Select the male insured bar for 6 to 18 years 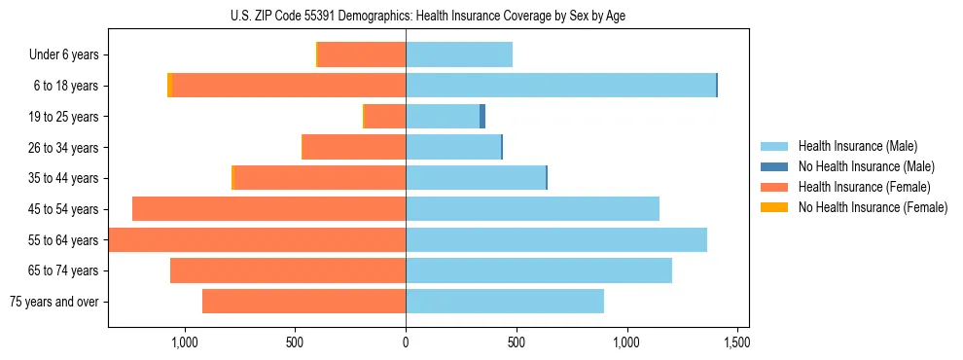[560, 86]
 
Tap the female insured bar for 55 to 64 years [258, 240]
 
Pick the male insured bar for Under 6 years [459, 54]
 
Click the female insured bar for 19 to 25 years [385, 117]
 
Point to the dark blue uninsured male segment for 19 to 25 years [482, 117]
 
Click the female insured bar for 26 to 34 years [354, 147]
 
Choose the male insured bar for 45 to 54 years [532, 209]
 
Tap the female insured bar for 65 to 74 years [288, 270]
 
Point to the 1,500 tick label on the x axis [737, 342]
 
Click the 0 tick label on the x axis [406, 342]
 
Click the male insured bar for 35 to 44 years [476, 178]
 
